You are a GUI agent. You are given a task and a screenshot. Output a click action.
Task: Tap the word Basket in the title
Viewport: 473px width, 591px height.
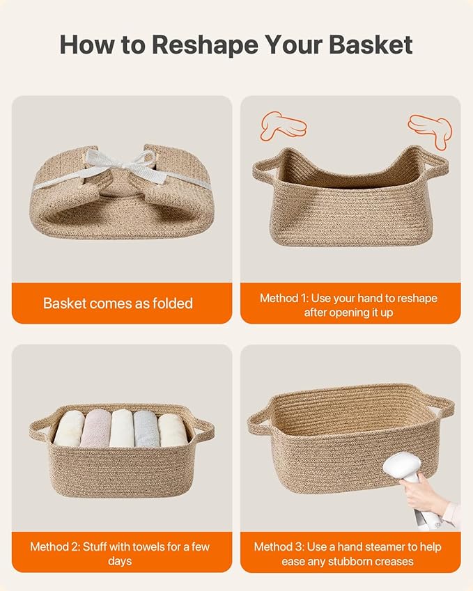pyautogui.click(x=371, y=45)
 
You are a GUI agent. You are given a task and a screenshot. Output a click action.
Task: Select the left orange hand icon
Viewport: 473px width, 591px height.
pyautogui.click(x=283, y=125)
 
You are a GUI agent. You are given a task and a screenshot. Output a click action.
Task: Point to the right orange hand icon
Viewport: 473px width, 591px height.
pyautogui.click(x=431, y=130)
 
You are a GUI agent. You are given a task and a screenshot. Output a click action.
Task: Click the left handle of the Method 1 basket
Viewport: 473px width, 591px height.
pyautogui.click(x=264, y=171)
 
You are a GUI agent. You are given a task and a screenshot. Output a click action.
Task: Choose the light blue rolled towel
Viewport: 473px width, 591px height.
pyautogui.click(x=146, y=429)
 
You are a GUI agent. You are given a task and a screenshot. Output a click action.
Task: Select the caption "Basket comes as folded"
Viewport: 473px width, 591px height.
pyautogui.click(x=118, y=304)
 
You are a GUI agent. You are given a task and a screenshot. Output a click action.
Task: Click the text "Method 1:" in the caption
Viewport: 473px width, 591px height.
pyautogui.click(x=284, y=298)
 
